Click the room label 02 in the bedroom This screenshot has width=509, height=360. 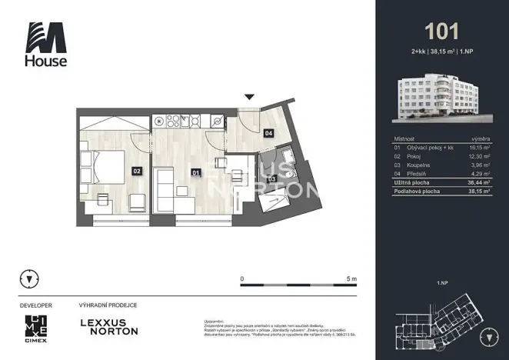pos(136,172)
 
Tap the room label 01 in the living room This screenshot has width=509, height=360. pos(196,173)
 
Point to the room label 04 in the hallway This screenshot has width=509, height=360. pos(268,133)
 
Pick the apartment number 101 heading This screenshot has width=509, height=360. pos(442,32)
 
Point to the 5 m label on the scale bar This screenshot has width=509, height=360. pos(351,278)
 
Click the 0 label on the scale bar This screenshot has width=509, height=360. pos(242,278)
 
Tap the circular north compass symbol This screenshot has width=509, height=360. pos(29,278)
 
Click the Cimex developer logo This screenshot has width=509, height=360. pos(36,326)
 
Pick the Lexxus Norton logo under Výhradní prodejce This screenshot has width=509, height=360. pos(109,326)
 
